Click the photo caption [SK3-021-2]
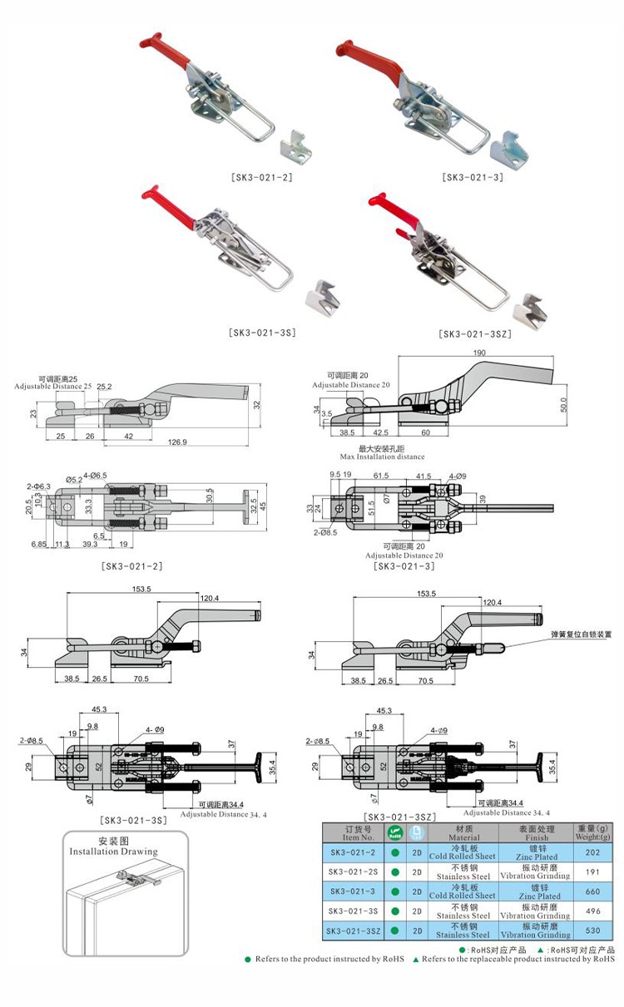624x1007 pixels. pyautogui.click(x=261, y=177)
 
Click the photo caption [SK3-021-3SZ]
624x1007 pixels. pyautogui.click(x=474, y=334)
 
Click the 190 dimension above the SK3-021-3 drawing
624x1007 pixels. pyautogui.click(x=479, y=353)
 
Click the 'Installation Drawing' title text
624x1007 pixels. pyautogui.click(x=113, y=852)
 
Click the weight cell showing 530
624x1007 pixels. pyautogui.click(x=592, y=930)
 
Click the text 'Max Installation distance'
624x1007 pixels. pyautogui.click(x=382, y=457)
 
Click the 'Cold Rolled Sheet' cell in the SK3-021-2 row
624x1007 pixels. pyautogui.click(x=463, y=855)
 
